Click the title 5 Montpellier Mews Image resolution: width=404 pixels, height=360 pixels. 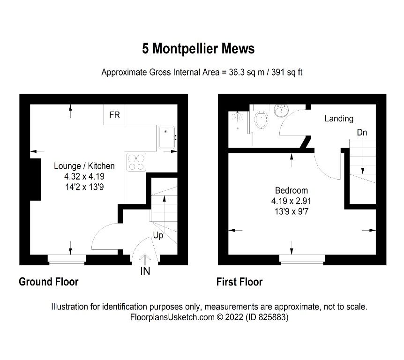tap(199, 48)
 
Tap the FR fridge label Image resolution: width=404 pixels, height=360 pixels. tap(114, 115)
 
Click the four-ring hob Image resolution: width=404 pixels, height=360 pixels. tap(136, 162)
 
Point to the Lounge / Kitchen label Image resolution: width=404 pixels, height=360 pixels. tap(84, 166)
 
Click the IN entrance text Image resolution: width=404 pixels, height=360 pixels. tap(145, 271)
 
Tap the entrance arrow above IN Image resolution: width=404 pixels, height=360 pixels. tap(145, 259)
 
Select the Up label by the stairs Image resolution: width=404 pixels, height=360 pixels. tap(158, 235)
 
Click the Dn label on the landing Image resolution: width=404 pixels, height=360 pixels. tap(362, 133)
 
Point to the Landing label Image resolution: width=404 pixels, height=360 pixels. tap(339, 119)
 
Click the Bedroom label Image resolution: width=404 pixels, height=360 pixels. tap(292, 190)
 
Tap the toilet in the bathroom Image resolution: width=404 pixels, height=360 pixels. tap(261, 119)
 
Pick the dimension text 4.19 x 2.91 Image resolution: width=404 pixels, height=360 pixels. tap(292, 201)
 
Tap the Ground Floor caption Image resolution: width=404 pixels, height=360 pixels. tap(48, 282)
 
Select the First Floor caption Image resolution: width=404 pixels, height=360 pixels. tap(239, 282)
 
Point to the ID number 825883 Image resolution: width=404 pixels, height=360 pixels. tap(271, 317)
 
